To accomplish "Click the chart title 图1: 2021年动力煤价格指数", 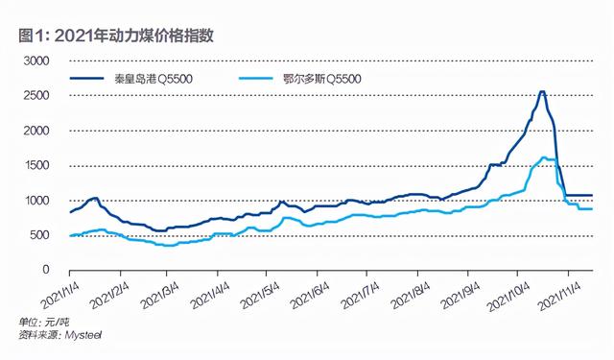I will (116, 36).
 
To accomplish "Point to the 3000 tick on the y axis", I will (35, 60).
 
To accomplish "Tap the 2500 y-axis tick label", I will (35, 95).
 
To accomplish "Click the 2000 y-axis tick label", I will (35, 130).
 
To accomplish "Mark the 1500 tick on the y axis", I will (35, 165).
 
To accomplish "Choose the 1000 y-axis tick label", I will (35, 200).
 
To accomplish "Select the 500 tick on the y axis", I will (39, 235).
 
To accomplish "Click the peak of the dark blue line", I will (542, 92).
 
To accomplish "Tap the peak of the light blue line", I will (544, 157).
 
